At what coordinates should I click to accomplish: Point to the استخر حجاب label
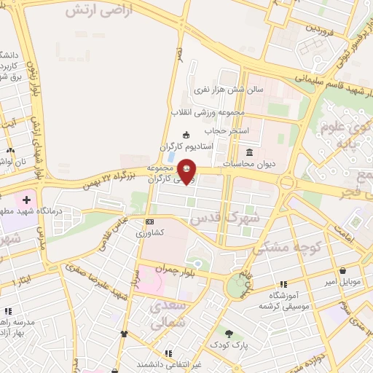[227, 130]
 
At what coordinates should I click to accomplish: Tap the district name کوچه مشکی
[286, 247]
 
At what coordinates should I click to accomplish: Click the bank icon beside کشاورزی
[149, 221]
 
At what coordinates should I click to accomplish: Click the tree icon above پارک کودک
[229, 333]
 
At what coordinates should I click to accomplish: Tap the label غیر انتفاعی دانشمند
[168, 363]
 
